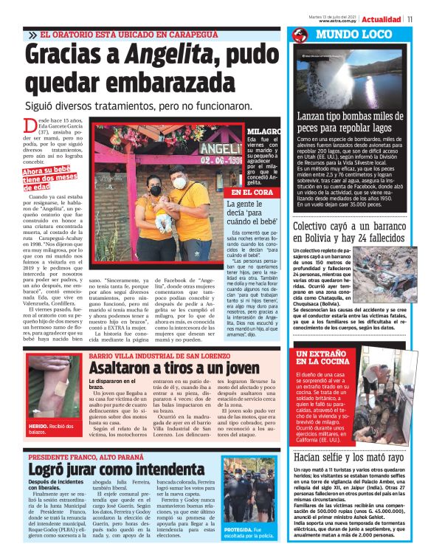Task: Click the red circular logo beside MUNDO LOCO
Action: (300, 35)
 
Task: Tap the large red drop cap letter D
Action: (31, 130)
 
